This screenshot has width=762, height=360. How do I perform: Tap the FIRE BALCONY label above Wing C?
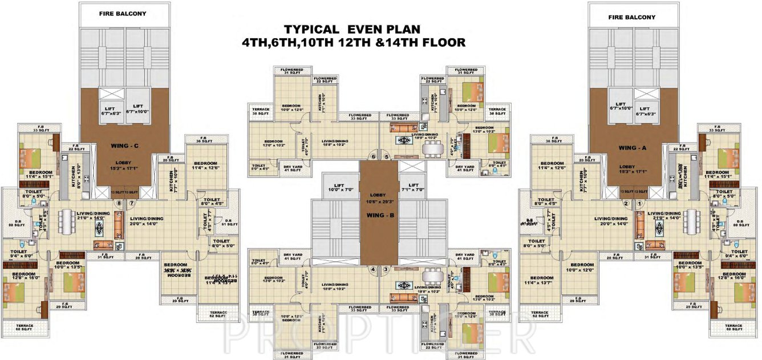point(122,13)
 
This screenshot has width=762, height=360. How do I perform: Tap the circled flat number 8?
point(119,203)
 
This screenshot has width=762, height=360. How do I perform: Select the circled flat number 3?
point(386,269)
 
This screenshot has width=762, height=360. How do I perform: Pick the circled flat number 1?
point(639,203)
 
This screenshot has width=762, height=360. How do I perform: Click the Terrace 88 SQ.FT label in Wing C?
point(25,327)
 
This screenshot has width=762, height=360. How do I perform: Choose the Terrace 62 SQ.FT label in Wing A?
point(539,315)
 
